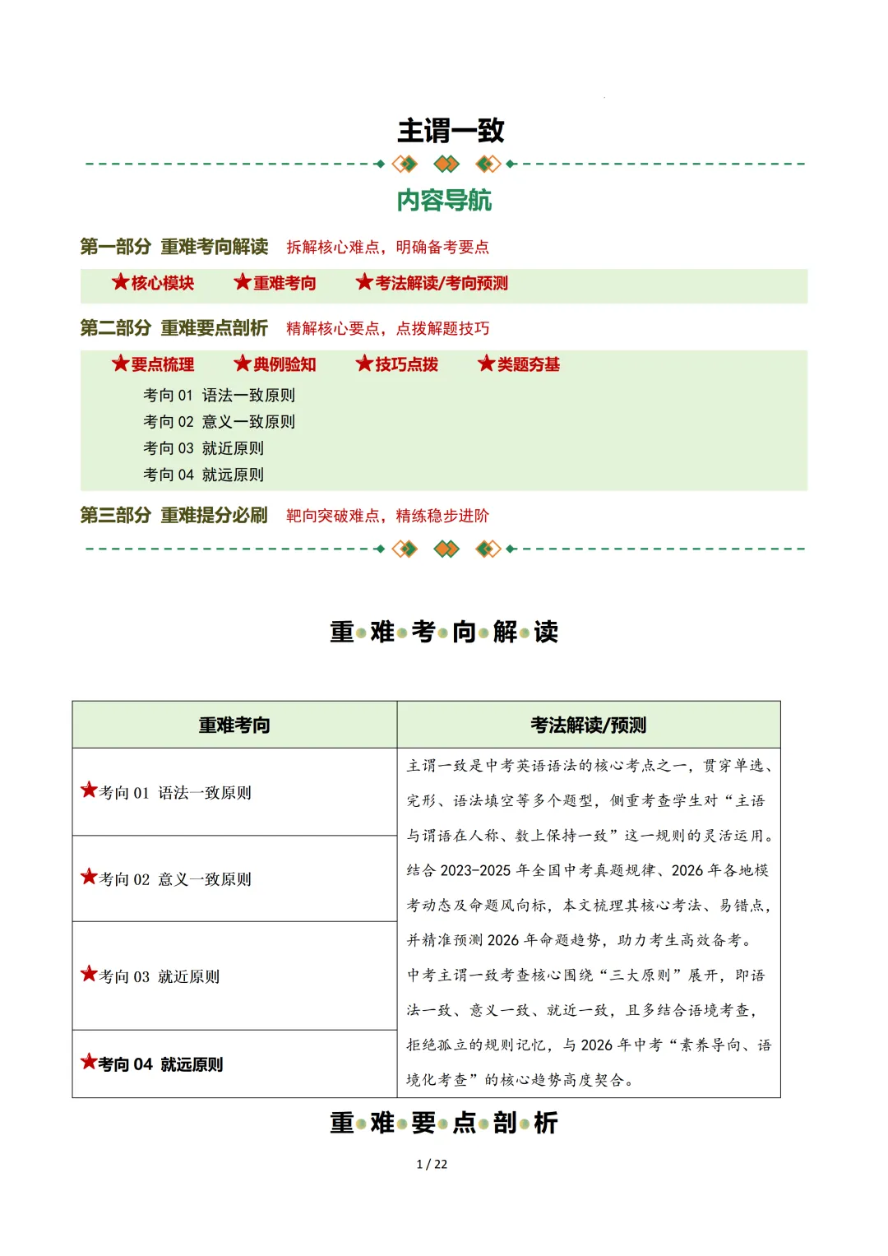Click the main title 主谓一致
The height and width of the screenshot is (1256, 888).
click(451, 130)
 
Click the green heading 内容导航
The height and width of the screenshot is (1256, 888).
click(444, 200)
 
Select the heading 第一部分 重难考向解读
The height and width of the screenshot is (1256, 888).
click(173, 247)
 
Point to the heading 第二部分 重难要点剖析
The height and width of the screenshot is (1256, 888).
click(173, 328)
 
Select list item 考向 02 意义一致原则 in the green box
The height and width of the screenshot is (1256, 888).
click(219, 422)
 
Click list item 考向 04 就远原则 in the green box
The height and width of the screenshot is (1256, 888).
click(203, 475)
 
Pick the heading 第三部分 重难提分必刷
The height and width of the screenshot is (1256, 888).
click(173, 516)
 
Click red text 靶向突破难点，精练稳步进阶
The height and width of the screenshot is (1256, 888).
click(387, 516)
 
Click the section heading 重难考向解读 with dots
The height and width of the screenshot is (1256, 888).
click(444, 632)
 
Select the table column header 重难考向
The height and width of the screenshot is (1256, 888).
click(234, 725)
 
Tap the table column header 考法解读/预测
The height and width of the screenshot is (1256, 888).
click(588, 725)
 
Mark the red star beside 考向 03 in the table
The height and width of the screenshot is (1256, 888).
click(89, 975)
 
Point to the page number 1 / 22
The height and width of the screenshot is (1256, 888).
click(432, 1164)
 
